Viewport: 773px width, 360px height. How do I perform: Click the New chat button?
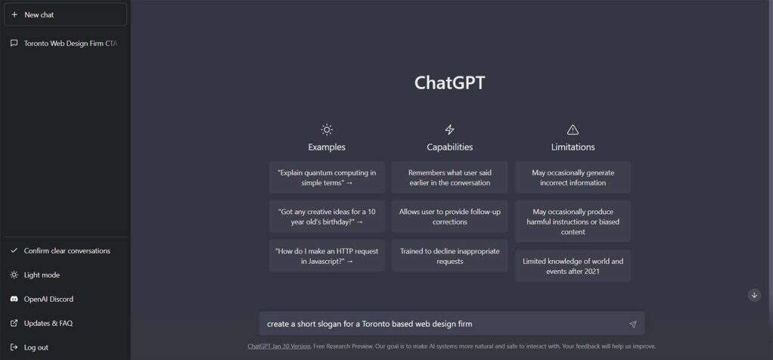click(65, 15)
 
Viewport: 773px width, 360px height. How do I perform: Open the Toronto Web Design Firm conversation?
click(65, 43)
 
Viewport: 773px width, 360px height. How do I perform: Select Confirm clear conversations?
click(65, 250)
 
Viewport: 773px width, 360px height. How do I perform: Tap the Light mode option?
click(65, 275)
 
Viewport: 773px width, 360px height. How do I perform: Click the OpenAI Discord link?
click(65, 299)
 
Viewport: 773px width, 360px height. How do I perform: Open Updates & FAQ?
click(65, 323)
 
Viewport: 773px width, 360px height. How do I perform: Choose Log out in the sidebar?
click(65, 347)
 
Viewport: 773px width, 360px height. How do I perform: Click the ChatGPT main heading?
click(449, 83)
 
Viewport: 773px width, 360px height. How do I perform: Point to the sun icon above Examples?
click(327, 129)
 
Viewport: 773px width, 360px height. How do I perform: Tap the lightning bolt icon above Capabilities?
click(449, 129)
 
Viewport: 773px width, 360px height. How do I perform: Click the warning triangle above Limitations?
click(573, 129)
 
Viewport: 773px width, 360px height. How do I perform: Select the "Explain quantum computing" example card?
click(327, 178)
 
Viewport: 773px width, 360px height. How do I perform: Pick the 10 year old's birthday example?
click(327, 216)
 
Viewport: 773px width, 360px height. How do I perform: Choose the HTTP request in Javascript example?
click(327, 256)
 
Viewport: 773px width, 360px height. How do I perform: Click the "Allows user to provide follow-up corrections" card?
click(449, 216)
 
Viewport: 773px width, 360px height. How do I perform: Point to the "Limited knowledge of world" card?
click(573, 265)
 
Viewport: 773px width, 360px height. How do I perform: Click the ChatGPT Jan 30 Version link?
click(279, 346)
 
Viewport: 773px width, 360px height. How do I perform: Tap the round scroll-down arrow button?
click(754, 295)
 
